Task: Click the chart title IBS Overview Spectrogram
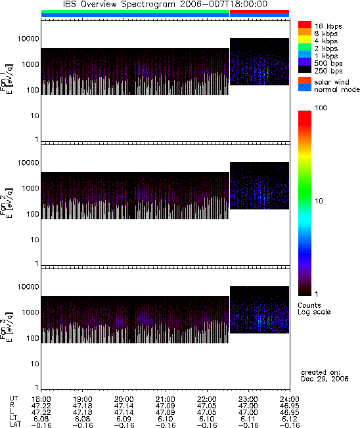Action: coord(119,4)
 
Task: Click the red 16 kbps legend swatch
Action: coord(305,25)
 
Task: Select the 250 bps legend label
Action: coord(328,71)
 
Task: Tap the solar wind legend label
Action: coord(332,82)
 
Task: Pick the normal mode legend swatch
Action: coord(305,88)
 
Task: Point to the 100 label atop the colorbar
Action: coord(321,108)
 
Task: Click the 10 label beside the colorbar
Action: coord(319,201)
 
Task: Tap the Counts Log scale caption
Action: coord(314,309)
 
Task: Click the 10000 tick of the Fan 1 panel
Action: coord(28,39)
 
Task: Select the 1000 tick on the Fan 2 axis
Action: coord(31,188)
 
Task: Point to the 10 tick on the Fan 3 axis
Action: coord(35,364)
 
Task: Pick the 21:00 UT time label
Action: coord(165,399)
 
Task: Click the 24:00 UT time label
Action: coord(289,399)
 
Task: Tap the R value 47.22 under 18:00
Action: coord(41,406)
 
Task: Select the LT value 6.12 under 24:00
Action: coord(289,419)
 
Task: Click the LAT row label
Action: coord(15,425)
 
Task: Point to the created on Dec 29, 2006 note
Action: coord(325,375)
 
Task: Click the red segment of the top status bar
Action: coord(259,11)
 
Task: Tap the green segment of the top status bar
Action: coord(135,11)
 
